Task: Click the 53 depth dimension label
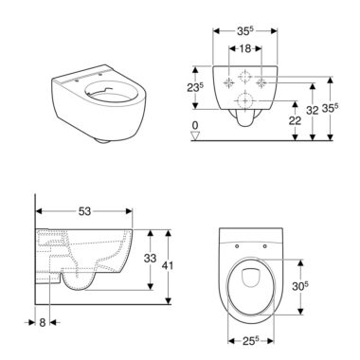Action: [x=84, y=211]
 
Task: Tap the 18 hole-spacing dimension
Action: [x=244, y=48]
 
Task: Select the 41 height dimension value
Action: [x=168, y=265]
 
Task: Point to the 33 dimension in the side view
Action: [x=150, y=258]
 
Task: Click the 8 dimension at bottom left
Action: [x=43, y=322]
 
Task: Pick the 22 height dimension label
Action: [x=295, y=120]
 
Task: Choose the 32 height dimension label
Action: [x=312, y=110]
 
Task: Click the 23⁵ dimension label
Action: [x=194, y=88]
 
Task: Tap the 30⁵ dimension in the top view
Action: [x=299, y=286]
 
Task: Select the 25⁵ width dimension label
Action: [x=251, y=340]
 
